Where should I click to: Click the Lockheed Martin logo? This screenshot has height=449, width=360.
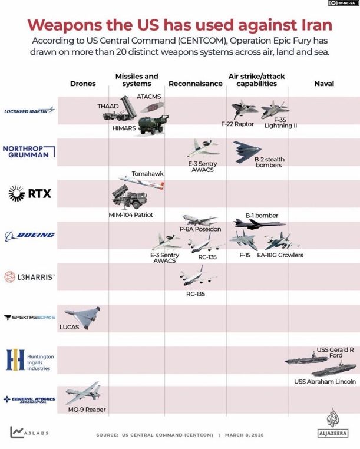[x=29, y=110]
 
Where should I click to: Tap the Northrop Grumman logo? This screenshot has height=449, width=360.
[x=29, y=151]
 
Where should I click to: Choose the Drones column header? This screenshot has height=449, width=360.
[x=82, y=84]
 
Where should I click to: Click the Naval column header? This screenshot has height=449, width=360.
[x=324, y=84]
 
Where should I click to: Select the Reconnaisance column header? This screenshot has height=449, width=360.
[x=196, y=84]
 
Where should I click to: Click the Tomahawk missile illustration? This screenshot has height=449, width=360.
[x=141, y=182]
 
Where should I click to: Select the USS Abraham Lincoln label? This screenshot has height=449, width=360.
[x=325, y=382]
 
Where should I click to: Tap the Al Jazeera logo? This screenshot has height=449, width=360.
[x=334, y=422]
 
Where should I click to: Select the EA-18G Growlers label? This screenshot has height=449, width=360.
[x=280, y=255]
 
